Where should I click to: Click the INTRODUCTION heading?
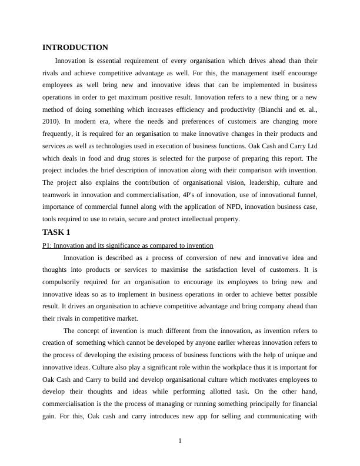(75, 48)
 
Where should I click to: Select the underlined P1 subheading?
(128, 245)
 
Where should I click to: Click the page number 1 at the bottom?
(180, 442)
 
